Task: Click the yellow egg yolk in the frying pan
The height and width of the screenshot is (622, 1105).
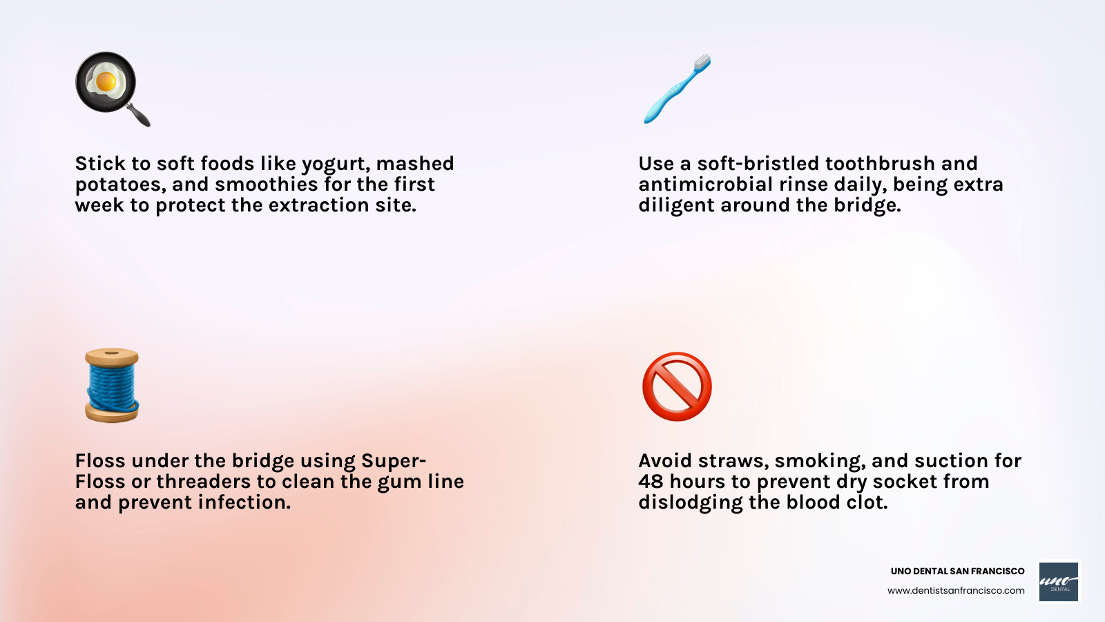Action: (106, 82)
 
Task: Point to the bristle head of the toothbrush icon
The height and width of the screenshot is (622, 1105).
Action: (701, 63)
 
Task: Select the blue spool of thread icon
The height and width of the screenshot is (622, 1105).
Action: (112, 385)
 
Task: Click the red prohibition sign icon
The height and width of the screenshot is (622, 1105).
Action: (677, 386)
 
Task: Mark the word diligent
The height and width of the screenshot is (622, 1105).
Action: (676, 206)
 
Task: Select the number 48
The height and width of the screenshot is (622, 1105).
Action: (651, 482)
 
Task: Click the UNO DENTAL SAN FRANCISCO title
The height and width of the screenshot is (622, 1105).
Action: (957, 571)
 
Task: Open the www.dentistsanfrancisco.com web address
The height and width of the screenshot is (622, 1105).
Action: (956, 590)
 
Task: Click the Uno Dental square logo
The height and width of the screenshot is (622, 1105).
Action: (1059, 581)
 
